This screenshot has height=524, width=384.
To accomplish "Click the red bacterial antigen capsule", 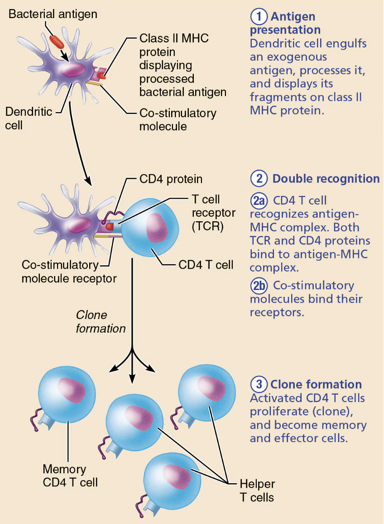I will click(x=56, y=40).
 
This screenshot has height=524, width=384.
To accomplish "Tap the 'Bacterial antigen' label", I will click(x=53, y=14).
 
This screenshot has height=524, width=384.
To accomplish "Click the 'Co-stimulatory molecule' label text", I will click(x=178, y=119).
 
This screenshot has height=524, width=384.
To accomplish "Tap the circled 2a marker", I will click(x=259, y=200).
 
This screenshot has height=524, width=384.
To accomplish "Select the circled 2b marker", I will click(x=259, y=286).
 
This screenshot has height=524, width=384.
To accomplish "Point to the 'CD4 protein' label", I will click(x=171, y=179).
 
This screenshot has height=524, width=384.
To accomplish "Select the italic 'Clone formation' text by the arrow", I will click(x=101, y=321).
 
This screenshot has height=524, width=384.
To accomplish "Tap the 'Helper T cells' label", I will click(x=257, y=491).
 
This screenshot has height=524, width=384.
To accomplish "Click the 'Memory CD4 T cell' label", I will click(x=70, y=476).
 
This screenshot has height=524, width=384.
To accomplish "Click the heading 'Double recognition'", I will click(x=326, y=179).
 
